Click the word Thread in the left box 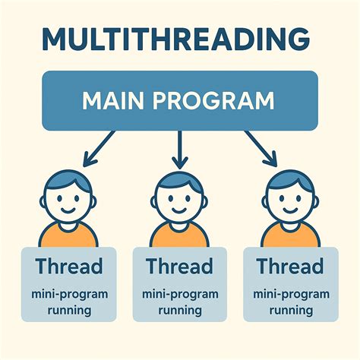(70, 267)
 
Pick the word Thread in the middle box (180, 267)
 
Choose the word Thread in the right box (289, 267)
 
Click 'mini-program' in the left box (70, 293)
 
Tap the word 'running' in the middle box (180, 310)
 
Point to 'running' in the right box (289, 310)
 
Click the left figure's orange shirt (70, 237)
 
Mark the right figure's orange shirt (289, 237)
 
